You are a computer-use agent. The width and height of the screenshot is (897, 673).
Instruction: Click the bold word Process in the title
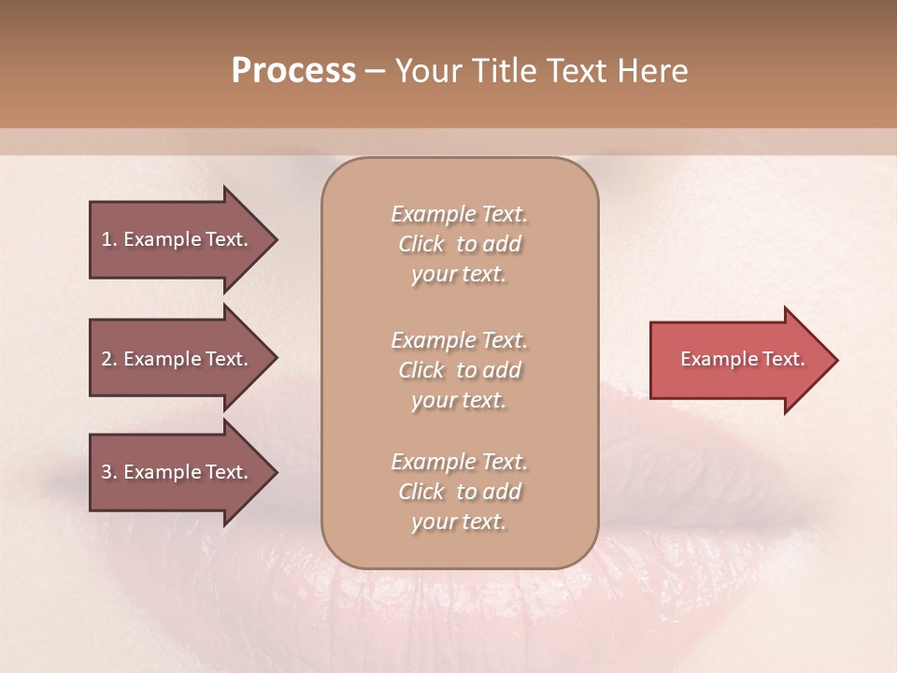click(293, 71)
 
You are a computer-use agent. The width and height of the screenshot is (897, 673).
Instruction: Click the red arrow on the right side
click(738, 360)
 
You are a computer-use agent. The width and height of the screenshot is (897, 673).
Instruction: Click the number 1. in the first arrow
click(109, 239)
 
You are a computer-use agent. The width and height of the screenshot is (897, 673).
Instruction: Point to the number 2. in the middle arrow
click(109, 359)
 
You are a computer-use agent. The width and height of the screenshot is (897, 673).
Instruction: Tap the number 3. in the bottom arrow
click(109, 472)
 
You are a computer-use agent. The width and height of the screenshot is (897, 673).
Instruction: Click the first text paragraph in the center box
click(459, 244)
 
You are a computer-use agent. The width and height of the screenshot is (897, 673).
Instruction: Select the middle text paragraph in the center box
click(459, 370)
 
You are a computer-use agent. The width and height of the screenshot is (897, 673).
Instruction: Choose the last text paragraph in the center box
click(459, 492)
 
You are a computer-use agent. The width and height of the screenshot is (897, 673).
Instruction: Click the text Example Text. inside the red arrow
click(742, 359)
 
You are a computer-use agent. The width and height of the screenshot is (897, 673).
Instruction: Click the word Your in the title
click(427, 71)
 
